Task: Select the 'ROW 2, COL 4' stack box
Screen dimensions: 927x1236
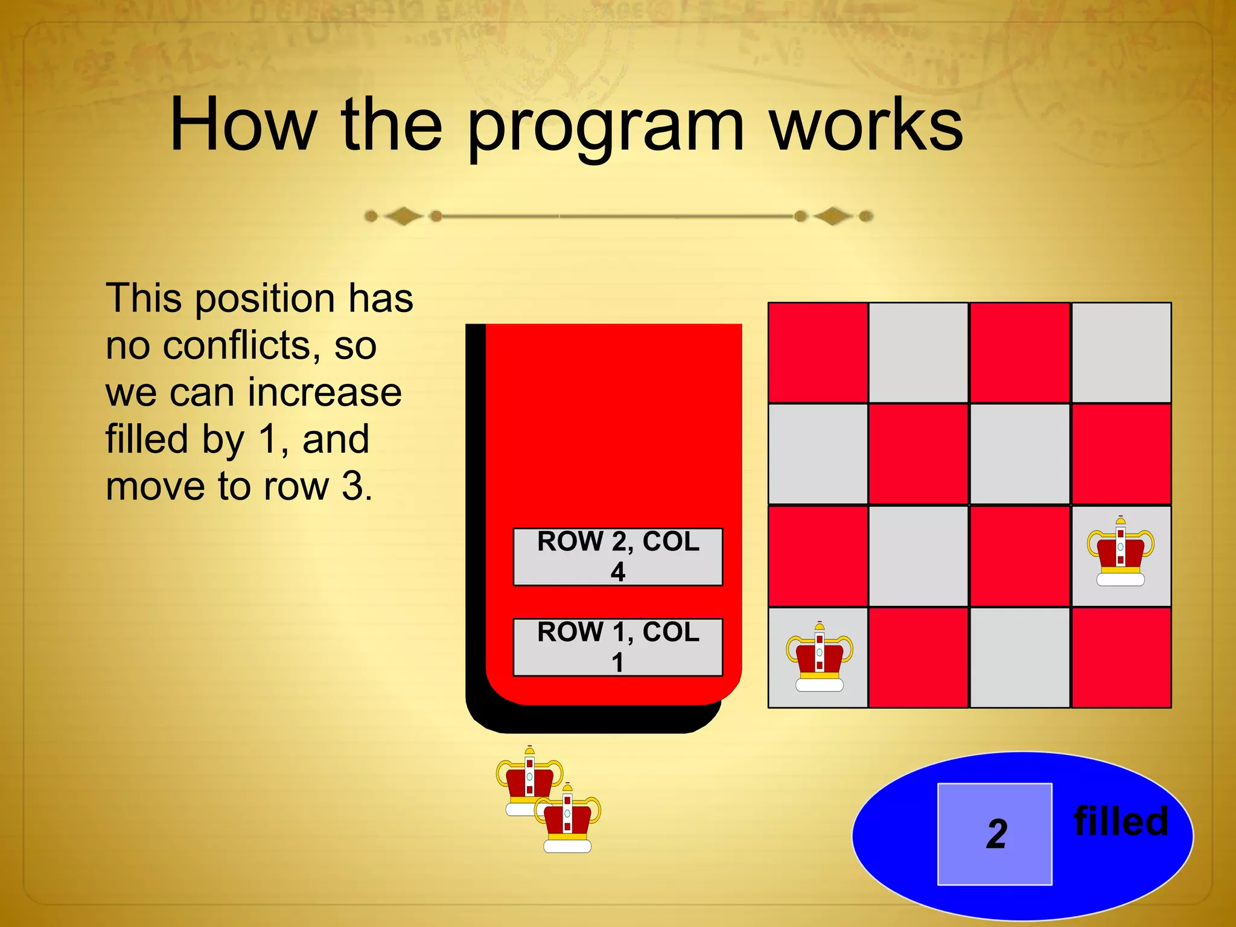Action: click(617, 556)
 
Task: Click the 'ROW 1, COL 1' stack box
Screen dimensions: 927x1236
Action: click(617, 647)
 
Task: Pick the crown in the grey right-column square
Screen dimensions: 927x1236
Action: click(1120, 552)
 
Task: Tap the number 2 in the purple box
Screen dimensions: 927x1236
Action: click(996, 835)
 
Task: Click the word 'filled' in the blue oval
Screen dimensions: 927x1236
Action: click(1121, 821)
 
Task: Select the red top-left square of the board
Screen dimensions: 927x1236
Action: click(818, 352)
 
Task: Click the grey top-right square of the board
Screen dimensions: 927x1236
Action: click(1121, 352)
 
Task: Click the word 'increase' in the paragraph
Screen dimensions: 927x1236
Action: click(325, 392)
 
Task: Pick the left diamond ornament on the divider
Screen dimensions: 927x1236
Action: click(403, 216)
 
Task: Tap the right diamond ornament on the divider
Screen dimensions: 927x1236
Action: click(833, 216)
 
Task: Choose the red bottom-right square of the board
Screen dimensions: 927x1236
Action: click(1121, 657)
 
